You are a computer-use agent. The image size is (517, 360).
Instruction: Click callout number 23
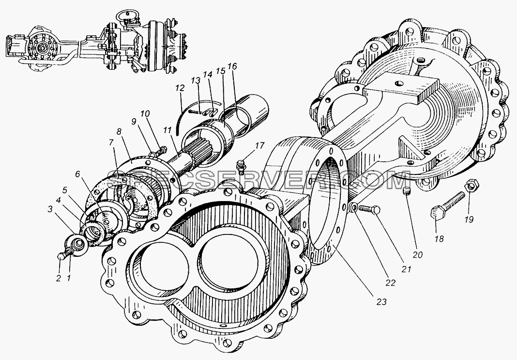coord(381,301)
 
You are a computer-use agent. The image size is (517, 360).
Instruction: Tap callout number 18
coord(440,238)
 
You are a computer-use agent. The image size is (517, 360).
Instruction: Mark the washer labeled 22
coord(353,207)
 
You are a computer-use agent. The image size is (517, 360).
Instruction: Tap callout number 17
coord(260,145)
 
